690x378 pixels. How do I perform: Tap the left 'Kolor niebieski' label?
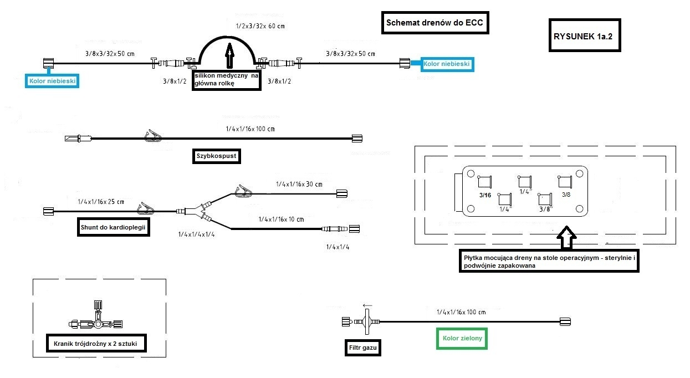pyautogui.click(x=53, y=81)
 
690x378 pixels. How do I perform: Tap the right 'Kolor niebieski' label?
pyautogui.click(x=446, y=64)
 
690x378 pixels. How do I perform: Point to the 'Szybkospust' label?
pyautogui.click(x=216, y=156)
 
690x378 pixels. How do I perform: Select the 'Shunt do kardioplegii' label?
pyautogui.click(x=114, y=227)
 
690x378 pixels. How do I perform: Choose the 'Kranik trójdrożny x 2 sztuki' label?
pyautogui.click(x=96, y=344)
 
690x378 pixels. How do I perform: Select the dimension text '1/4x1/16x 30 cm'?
pyautogui.click(x=299, y=184)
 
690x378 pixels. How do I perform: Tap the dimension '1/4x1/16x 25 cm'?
pyautogui.click(x=101, y=202)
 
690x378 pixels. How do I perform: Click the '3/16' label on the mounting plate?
pyautogui.click(x=485, y=195)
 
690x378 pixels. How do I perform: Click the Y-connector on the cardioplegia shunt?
pyautogui.click(x=193, y=211)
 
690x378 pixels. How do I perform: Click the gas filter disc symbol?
pyautogui.click(x=366, y=321)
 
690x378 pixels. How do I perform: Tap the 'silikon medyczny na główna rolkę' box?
pyautogui.click(x=226, y=80)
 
